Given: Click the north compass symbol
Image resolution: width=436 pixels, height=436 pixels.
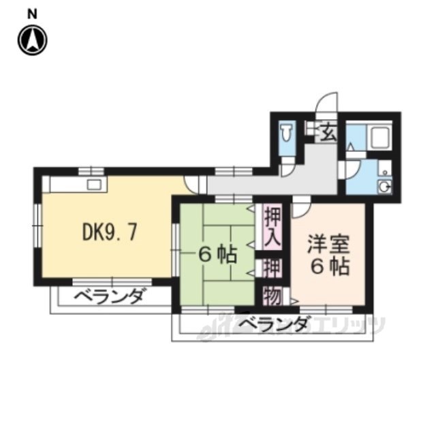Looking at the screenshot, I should coord(32,39).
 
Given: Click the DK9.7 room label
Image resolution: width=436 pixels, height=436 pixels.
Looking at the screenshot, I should coord(110,232).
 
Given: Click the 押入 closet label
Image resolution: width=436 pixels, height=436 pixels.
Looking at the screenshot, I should coord(272,228).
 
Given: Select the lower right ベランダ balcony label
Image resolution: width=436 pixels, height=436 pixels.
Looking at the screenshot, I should coord(272,324).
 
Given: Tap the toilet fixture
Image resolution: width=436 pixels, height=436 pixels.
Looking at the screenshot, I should coord(287,134).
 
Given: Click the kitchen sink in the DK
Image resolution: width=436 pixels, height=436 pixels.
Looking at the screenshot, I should coord(93,184).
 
